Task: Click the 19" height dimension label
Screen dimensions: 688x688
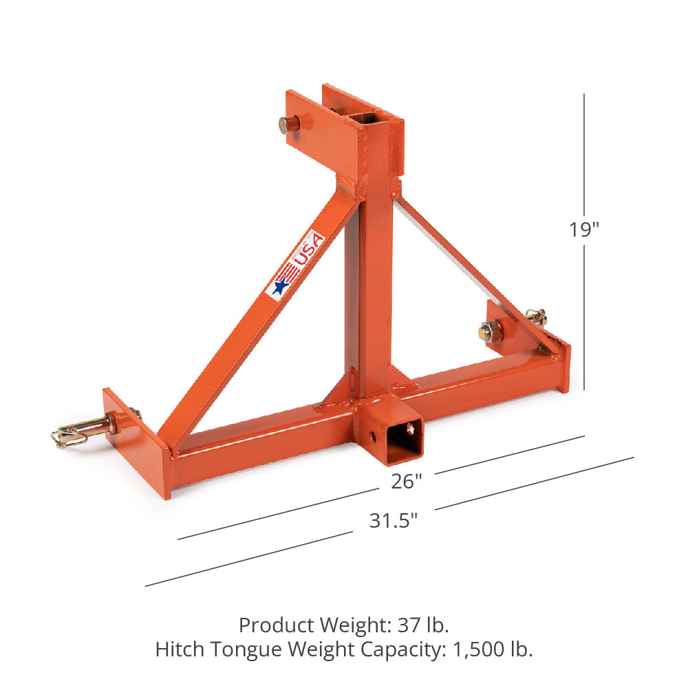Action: pos(583,230)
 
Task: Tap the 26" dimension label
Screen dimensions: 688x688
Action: pos(407,482)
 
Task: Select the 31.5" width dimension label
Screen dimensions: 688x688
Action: pos(394,521)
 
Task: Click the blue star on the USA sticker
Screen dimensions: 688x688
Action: pos(281,286)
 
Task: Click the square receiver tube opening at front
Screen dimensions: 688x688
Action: pos(404,440)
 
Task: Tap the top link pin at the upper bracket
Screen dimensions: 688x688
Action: pos(290,125)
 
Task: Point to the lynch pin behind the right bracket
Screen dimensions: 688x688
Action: pos(538,316)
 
